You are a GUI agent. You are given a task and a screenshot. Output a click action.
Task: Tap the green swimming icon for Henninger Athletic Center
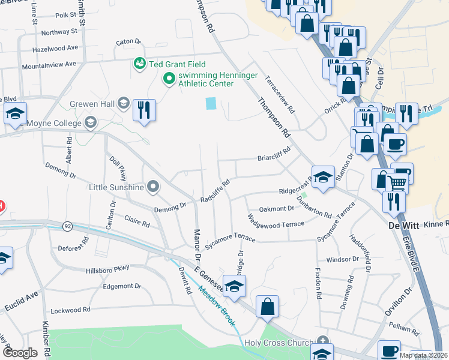(x=169, y=78)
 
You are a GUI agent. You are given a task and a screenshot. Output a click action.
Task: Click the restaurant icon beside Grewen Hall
(x=144, y=110)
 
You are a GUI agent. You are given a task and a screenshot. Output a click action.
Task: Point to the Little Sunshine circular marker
(x=153, y=187)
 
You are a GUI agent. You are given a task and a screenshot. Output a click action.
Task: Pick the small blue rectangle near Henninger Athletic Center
(x=210, y=103)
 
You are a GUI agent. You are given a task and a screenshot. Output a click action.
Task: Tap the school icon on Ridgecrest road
(x=323, y=177)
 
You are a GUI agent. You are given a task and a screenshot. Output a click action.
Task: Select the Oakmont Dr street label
(x=276, y=209)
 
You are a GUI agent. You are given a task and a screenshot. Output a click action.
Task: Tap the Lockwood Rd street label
(x=70, y=310)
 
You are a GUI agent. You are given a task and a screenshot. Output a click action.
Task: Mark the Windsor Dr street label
(x=342, y=260)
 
